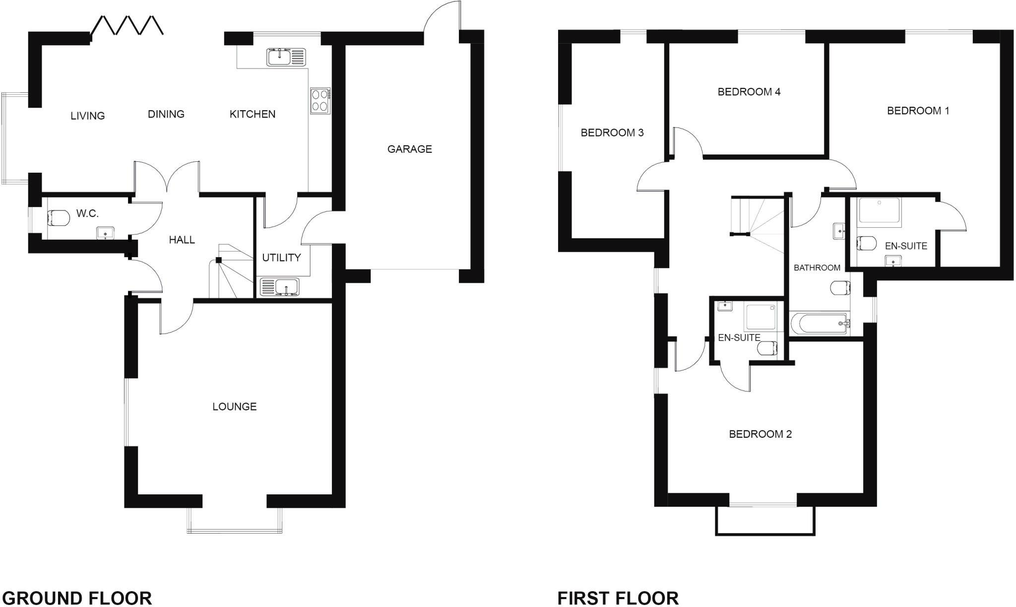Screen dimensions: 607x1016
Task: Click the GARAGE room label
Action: pos(409,149)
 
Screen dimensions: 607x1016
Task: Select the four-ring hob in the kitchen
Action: pos(320,100)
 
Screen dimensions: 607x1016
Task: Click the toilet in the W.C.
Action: pos(58,217)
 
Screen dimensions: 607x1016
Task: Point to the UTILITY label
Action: pos(281,258)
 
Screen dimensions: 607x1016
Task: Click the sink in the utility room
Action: pos(279,286)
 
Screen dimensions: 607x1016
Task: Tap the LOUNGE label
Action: pos(234,406)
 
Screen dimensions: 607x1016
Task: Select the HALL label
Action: pos(182,240)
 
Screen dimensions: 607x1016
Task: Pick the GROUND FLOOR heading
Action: pos(77,598)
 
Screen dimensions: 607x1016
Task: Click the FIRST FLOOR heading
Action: pos(618,598)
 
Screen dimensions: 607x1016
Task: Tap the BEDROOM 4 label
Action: pos(749,92)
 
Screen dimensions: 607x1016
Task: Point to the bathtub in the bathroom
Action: pos(819,324)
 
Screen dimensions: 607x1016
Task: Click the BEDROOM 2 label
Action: pos(760,434)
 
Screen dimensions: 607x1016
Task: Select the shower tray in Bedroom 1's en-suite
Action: pos(878,210)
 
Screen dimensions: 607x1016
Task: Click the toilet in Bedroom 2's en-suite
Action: pos(767,348)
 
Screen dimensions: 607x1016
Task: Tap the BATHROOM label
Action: pos(817,268)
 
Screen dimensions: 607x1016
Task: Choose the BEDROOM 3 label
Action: pos(612,133)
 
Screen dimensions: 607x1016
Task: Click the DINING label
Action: pos(166,114)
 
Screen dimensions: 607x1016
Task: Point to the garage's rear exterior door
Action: pos(442,20)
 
